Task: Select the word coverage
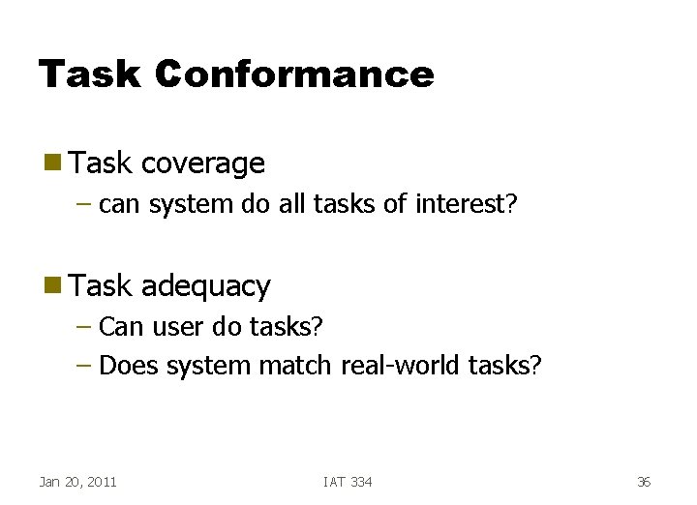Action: tap(202, 163)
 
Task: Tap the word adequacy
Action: tap(205, 285)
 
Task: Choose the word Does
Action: tap(129, 367)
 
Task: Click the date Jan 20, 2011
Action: tap(77, 482)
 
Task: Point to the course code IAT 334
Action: tap(347, 482)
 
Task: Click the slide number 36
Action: tap(644, 482)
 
